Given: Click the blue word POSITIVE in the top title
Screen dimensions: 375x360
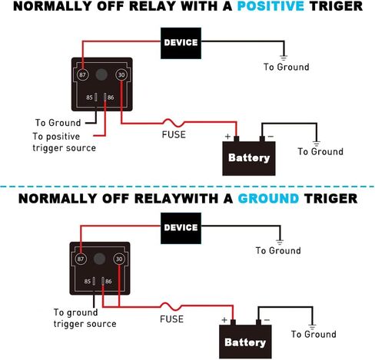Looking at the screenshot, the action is tap(270, 6).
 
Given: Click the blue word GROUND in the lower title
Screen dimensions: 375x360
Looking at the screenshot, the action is tap(268, 199).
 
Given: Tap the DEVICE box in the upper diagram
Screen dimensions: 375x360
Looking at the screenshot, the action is tap(181, 43).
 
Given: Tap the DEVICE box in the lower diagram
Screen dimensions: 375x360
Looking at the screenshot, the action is tap(181, 228).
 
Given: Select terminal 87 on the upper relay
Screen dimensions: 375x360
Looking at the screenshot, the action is tap(82, 74).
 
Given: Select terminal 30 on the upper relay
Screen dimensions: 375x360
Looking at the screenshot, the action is tap(121, 74).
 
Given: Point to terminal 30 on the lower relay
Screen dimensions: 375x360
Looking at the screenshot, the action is tap(119, 259).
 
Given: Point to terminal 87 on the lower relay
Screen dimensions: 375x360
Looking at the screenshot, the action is tap(81, 259).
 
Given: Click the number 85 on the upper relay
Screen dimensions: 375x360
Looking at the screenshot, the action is tap(89, 97).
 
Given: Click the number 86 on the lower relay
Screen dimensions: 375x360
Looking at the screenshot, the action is tap(108, 282).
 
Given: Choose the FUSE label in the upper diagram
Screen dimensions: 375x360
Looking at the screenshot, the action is tap(174, 134).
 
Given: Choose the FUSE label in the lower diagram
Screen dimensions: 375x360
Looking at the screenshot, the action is tap(171, 319).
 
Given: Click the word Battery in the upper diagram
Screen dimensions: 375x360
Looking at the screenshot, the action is tap(249, 158).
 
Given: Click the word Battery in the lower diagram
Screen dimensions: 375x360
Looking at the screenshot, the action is tap(245, 342).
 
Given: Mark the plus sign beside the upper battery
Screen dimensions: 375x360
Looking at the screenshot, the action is tap(227, 137).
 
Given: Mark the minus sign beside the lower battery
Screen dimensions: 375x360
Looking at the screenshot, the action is tap(267, 320).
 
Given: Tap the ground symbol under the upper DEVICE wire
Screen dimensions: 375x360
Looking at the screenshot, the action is tap(284, 58).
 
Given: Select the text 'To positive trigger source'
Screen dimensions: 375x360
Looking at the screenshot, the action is tap(64, 142).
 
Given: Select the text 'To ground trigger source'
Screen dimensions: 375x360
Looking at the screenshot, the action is tap(85, 318).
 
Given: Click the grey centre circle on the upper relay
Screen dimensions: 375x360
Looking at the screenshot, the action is tap(101, 74).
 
